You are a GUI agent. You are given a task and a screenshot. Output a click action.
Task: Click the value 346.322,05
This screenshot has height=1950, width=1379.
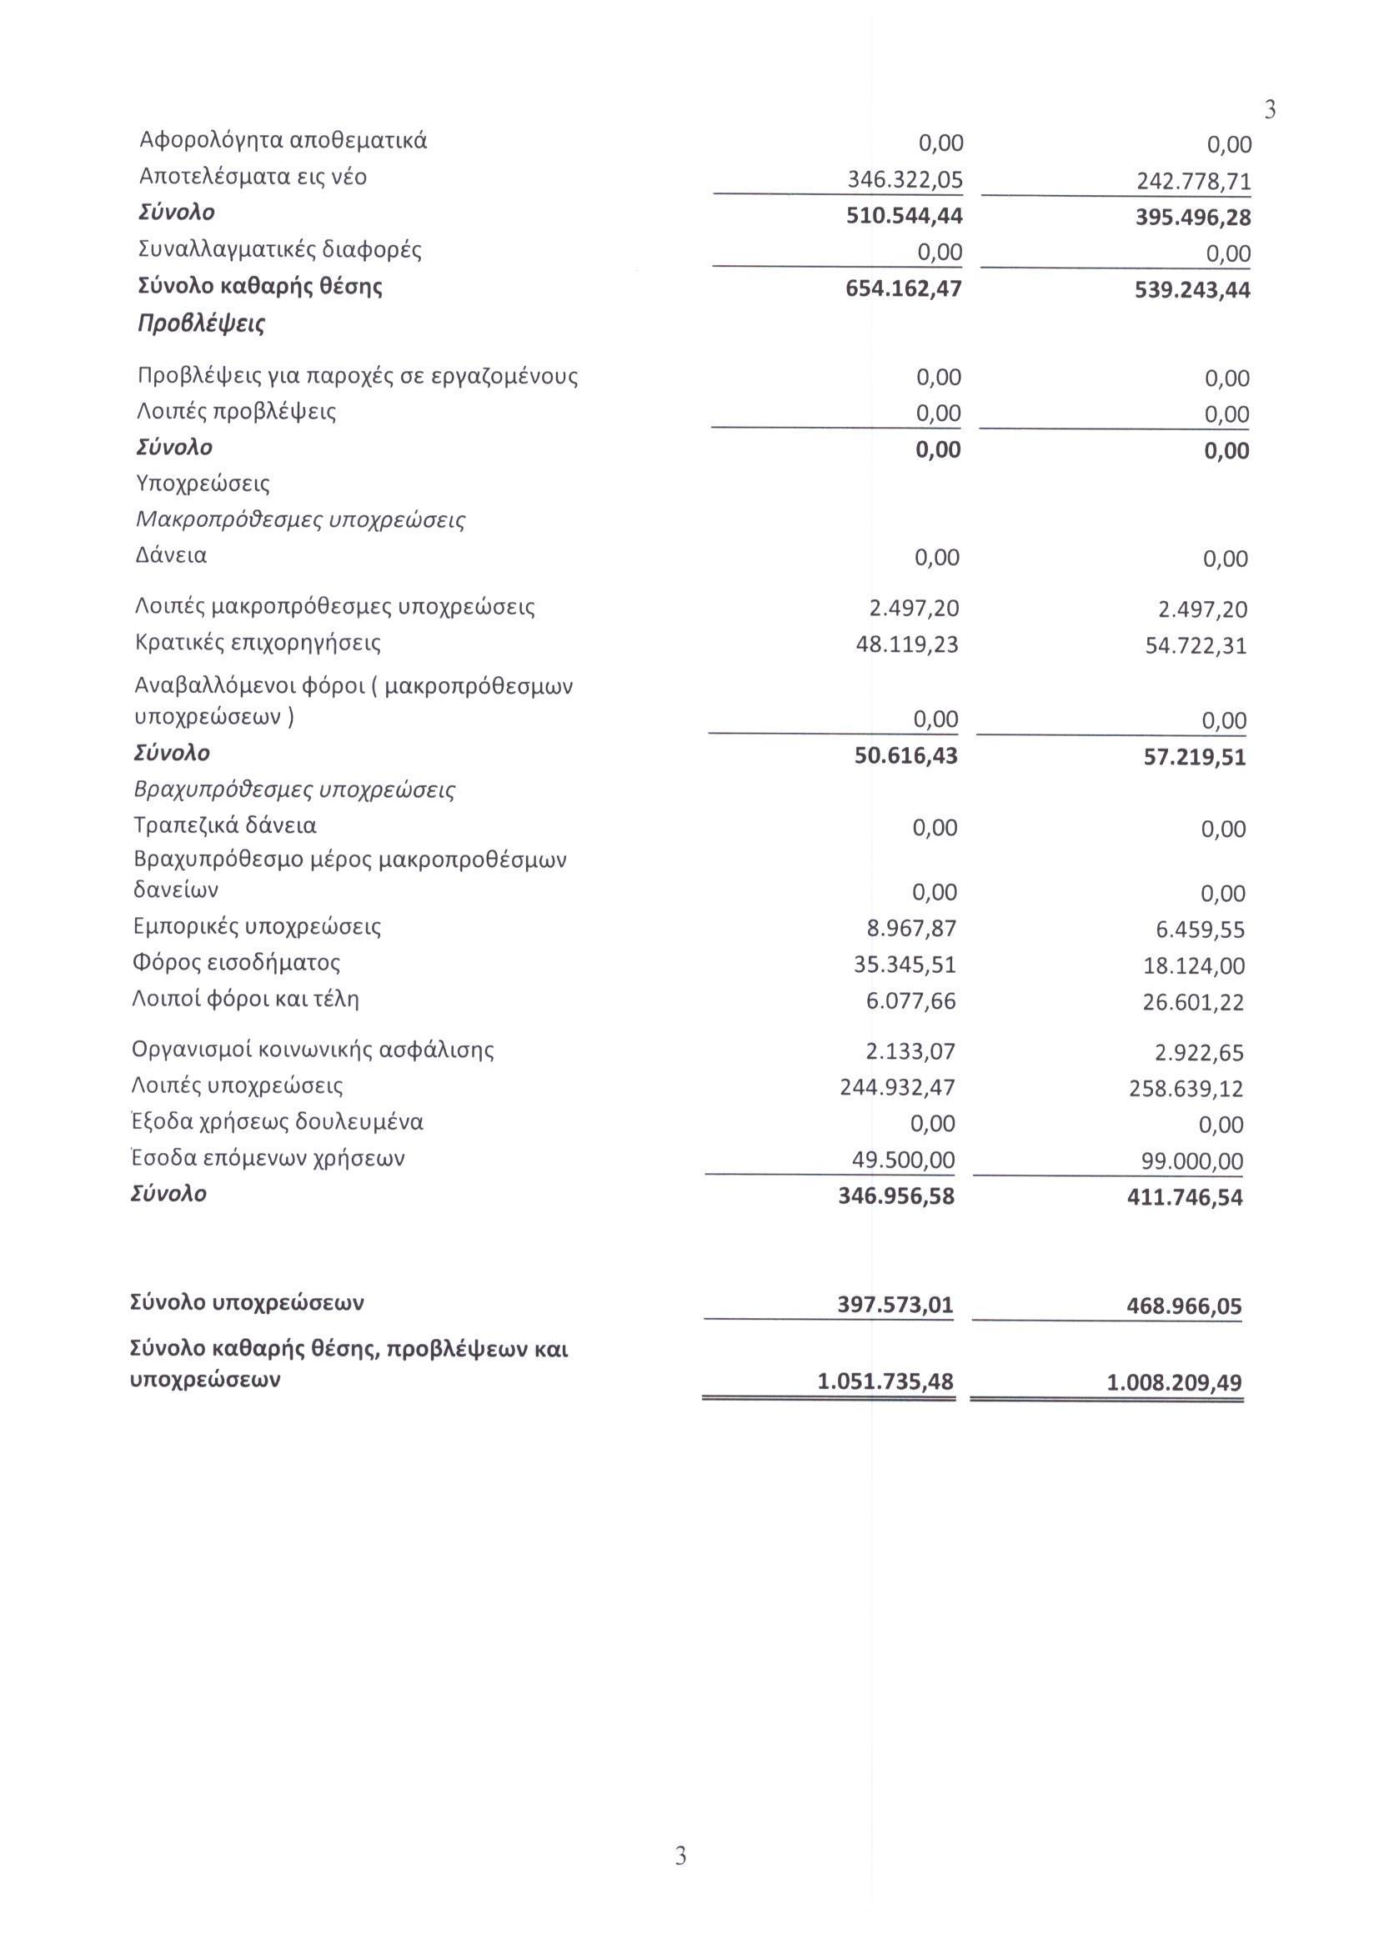[905, 179]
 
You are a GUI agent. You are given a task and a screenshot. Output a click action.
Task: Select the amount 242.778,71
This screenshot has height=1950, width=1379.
[1193, 182]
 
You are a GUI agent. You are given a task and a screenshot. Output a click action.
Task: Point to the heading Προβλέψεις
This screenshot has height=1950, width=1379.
[201, 323]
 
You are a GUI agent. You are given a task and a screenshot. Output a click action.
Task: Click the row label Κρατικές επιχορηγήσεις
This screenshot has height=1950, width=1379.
[258, 643]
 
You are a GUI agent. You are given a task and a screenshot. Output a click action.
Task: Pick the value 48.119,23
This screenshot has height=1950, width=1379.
[907, 644]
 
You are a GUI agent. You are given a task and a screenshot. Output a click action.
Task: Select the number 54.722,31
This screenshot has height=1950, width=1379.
[1196, 646]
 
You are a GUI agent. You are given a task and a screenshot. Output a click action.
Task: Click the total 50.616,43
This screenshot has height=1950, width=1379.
[905, 755]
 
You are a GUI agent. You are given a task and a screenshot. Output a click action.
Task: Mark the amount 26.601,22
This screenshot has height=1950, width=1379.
[1193, 1002]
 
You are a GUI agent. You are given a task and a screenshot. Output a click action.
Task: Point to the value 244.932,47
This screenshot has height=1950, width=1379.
[897, 1087]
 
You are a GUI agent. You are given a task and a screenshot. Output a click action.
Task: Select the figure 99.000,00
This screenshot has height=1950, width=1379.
[1191, 1161]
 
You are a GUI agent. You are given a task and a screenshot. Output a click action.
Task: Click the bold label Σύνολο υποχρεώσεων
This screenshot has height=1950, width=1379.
[247, 1303]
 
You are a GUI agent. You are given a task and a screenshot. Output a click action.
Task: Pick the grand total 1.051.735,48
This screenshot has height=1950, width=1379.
[885, 1381]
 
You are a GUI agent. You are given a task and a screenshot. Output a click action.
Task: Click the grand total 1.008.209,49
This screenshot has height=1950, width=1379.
[1174, 1382]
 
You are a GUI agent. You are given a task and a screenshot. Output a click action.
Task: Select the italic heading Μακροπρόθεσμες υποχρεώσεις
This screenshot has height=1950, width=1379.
[300, 519]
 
